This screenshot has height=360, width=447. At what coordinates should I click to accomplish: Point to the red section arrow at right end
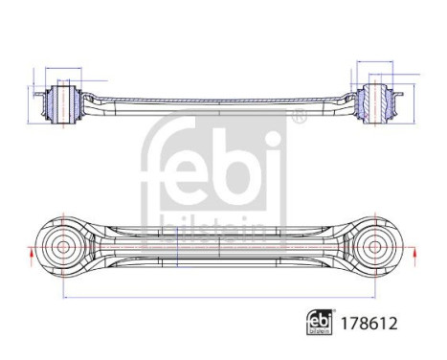point(414,254)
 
